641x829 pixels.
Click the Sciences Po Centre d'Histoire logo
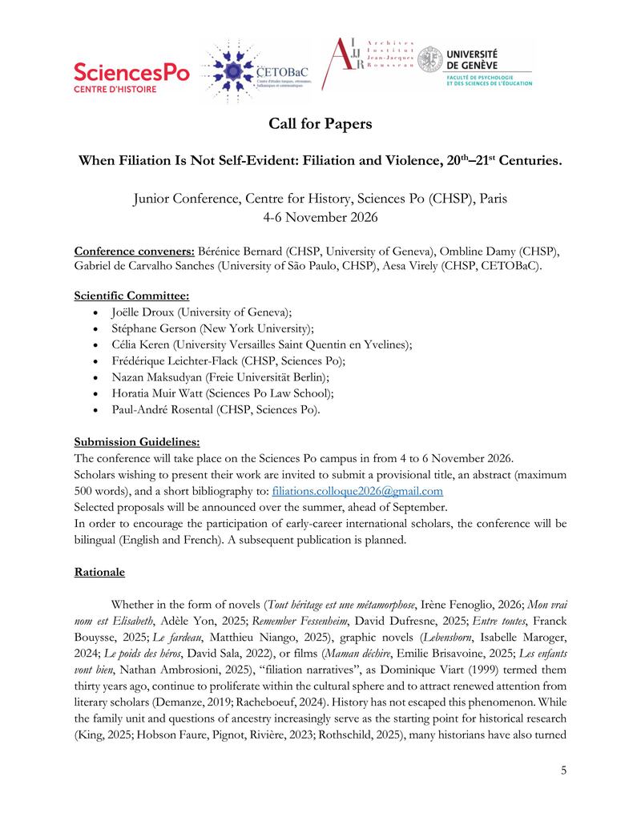(x=131, y=77)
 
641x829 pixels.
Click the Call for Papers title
(x=320, y=124)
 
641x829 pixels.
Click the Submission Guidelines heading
(x=137, y=441)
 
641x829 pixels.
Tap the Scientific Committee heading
(x=131, y=295)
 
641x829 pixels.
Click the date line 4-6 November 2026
(x=320, y=216)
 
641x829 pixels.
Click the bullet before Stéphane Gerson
(x=96, y=328)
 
